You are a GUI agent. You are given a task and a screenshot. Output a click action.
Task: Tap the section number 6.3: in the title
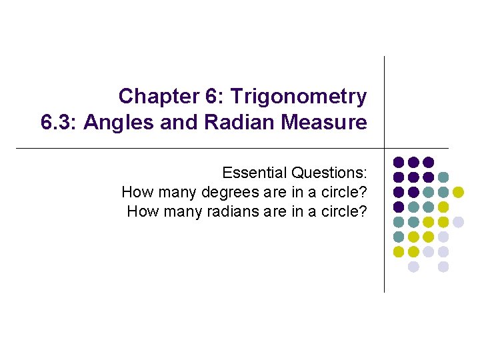[x=59, y=123]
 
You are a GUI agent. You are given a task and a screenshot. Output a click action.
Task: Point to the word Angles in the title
[x=116, y=123]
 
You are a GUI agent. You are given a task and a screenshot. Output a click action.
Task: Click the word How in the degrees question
[x=136, y=193]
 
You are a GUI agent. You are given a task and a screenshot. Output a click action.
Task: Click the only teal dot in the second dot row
[x=443, y=177]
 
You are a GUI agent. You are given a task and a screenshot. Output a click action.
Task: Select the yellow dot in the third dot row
[x=458, y=192]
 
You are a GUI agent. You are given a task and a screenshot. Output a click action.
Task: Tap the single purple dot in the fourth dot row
[x=399, y=207]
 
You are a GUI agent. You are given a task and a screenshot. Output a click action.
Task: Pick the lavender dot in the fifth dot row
[x=458, y=222]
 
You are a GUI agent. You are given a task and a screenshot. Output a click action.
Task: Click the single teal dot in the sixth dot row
[x=399, y=237]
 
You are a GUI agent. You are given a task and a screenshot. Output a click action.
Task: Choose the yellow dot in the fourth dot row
[x=443, y=207]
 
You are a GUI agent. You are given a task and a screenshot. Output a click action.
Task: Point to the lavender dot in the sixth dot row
[x=443, y=237]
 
